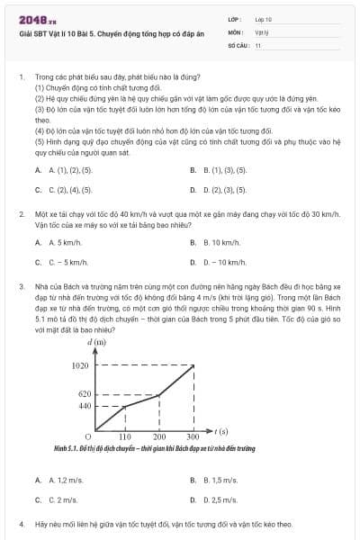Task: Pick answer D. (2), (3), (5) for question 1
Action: [219, 190]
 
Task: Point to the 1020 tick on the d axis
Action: [80, 365]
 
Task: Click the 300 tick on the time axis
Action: [193, 436]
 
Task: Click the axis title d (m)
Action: [96, 342]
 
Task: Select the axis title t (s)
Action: [220, 431]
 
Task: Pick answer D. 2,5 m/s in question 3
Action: [219, 499]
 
